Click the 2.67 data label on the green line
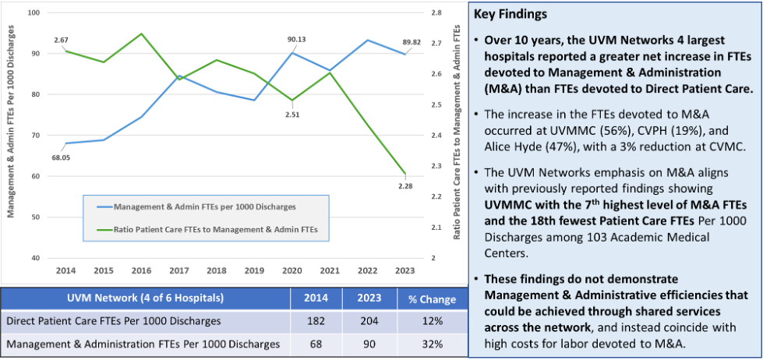[62, 39]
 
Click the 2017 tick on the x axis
[178, 269]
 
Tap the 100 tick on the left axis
[34, 13]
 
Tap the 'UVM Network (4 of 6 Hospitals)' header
[145, 299]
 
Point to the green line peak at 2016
[141, 34]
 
